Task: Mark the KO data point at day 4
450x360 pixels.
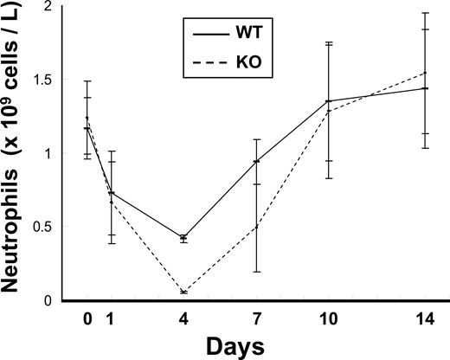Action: click(183, 292)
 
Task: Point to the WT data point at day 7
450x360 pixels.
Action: click(256, 161)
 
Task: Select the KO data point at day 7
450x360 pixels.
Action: click(256, 227)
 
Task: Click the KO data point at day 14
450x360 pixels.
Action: click(425, 73)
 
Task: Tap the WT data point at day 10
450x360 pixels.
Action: click(328, 101)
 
